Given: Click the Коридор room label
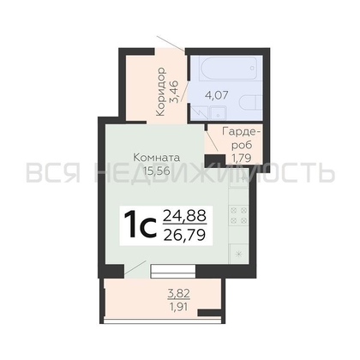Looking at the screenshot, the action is click(161, 92).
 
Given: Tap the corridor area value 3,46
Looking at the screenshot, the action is click(174, 92).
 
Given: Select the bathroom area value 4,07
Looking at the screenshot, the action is click(217, 95).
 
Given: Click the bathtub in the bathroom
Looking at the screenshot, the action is click(231, 68).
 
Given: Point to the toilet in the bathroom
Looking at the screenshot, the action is click(250, 104).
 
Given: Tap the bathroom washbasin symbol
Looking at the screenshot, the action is click(218, 113).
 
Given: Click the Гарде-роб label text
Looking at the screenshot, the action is click(242, 138).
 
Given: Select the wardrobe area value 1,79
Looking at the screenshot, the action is click(242, 158).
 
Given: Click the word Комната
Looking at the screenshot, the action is click(157, 158).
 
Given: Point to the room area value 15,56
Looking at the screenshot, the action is click(157, 171).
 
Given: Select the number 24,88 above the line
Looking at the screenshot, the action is click(184, 215).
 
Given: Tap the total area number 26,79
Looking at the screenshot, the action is click(184, 235).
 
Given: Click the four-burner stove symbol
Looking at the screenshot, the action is click(238, 215).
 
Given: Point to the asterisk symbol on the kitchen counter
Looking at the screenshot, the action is click(239, 254).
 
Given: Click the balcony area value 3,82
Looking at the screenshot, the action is click(179, 293).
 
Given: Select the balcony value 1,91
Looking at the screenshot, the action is click(179, 307).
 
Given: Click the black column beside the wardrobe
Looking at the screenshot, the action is click(215, 159).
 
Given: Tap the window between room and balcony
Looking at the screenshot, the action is click(173, 271).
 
